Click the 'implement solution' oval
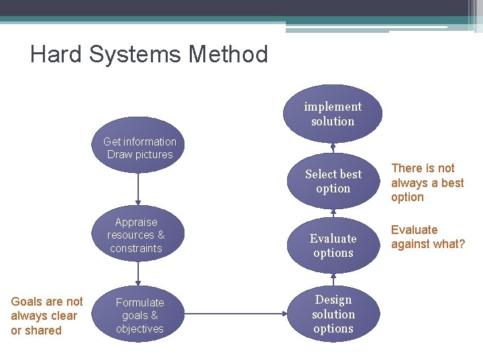point(333,113)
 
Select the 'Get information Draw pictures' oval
point(140,147)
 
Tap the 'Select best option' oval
point(333,181)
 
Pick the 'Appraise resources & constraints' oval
point(136,235)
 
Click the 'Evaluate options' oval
point(333,245)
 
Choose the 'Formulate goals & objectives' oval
point(140,315)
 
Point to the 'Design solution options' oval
point(333,314)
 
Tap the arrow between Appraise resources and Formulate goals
point(138,274)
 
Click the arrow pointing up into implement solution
point(333,149)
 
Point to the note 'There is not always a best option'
point(427,182)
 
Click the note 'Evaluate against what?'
point(427,237)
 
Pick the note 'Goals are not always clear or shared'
point(46,316)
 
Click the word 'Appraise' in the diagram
point(136,222)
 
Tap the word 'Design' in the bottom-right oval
point(333,300)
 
